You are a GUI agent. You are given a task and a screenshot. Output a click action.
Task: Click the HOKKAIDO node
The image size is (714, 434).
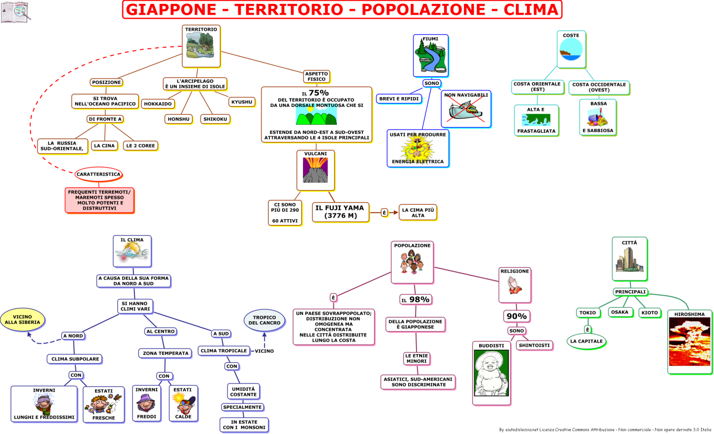pyautogui.click(x=158, y=104)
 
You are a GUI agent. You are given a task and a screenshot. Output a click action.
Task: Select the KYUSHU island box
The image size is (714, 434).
pyautogui.click(x=242, y=102)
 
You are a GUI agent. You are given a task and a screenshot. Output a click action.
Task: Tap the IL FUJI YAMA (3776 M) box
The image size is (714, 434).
pyautogui.click(x=340, y=212)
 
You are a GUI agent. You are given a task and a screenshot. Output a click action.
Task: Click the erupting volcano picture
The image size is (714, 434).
pyautogui.click(x=315, y=170)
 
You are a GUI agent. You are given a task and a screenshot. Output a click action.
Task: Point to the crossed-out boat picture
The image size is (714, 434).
pyautogui.click(x=466, y=110)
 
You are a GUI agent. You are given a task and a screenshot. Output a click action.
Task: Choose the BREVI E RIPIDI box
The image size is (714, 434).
pyautogui.click(x=399, y=99)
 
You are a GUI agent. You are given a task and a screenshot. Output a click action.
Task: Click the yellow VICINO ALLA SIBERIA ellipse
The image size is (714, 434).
pyautogui.click(x=23, y=320)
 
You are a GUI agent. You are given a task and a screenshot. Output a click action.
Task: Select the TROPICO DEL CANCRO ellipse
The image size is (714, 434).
pyautogui.click(x=264, y=320)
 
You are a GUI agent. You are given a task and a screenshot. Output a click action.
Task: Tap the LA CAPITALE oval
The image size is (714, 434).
pyautogui.click(x=586, y=341)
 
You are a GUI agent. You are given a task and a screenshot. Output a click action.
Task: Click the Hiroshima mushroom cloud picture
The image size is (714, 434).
pyautogui.click(x=689, y=342)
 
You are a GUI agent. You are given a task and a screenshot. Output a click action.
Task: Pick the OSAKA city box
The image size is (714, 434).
pyautogui.click(x=619, y=312)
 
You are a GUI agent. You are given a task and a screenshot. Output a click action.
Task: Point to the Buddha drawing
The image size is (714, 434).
pyautogui.click(x=491, y=373)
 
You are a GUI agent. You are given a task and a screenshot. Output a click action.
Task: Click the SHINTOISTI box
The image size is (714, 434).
pyautogui.click(x=534, y=345)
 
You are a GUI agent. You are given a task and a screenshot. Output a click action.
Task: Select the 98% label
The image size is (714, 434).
pyautogui.click(x=416, y=300)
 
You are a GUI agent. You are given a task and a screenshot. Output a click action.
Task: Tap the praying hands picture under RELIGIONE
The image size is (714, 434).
pyautogui.click(x=515, y=286)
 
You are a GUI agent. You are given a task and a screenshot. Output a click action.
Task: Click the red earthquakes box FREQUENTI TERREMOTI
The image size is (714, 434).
pyautogui.click(x=99, y=200)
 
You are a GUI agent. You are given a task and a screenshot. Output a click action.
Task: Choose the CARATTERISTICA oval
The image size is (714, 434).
pyautogui.click(x=98, y=174)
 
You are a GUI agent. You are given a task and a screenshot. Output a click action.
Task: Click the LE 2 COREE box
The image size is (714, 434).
pyautogui.click(x=140, y=146)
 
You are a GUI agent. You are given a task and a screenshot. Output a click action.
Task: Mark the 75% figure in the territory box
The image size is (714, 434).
pyautogui.click(x=318, y=93)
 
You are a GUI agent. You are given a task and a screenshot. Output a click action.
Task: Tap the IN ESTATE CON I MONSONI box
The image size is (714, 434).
pyautogui.click(x=244, y=425)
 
